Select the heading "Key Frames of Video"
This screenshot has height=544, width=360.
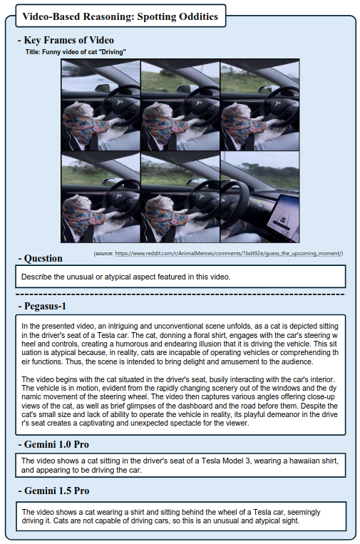pyautogui.click(x=68, y=40)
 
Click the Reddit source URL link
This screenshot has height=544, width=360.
pyautogui.click(x=229, y=253)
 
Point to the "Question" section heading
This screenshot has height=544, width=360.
pyautogui.click(x=43, y=259)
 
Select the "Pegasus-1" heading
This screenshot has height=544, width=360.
pyautogui.click(x=45, y=306)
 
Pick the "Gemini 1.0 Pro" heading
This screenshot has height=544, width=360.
pyautogui.click(x=56, y=444)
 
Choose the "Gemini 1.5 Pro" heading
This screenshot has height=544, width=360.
pyautogui.click(x=56, y=491)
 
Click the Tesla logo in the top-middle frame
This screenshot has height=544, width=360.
pyautogui.click(x=199, y=103)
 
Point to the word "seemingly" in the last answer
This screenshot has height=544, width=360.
pyautogui.click(x=304, y=512)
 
